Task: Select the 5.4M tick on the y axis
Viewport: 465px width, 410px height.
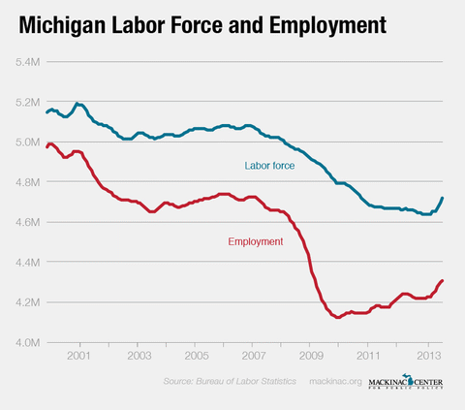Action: [25, 62]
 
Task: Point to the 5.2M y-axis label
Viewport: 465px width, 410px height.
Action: [25, 102]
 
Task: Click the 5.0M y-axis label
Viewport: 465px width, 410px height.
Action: [25, 142]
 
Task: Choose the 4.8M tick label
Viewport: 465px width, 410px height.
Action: [25, 182]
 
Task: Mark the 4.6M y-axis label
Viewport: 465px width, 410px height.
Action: [25, 222]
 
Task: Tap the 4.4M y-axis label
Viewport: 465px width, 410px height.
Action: [25, 263]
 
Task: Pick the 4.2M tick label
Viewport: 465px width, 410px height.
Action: [25, 302]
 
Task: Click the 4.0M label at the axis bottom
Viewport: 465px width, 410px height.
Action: [25, 342]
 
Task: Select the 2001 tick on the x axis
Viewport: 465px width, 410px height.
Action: [78, 356]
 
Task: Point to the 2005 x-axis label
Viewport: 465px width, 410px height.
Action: [195, 356]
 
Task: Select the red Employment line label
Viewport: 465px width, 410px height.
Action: [255, 241]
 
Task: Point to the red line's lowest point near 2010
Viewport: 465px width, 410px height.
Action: [337, 317]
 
